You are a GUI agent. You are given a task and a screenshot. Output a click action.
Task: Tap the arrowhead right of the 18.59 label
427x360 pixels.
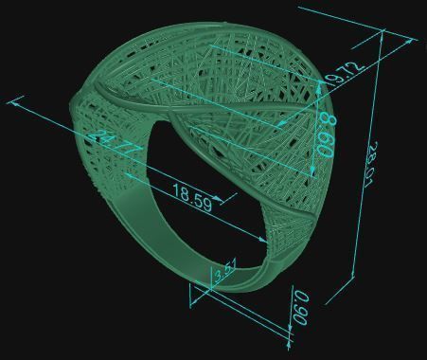click(220, 200)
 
